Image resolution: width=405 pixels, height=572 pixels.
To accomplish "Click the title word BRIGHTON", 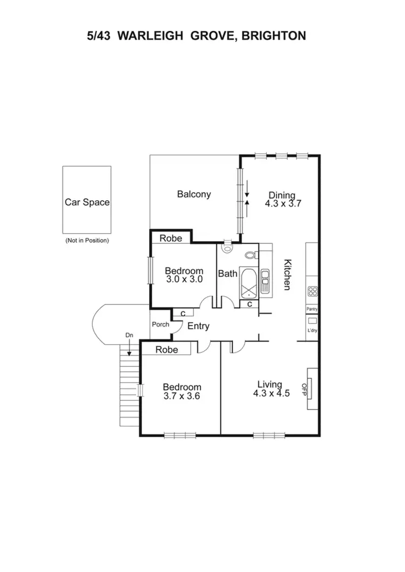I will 275,36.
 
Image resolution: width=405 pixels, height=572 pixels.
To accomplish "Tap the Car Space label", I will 87,202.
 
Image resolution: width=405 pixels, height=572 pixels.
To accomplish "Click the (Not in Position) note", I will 87,240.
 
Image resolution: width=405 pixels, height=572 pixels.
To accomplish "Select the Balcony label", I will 194,194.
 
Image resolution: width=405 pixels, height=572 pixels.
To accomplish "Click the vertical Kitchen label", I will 288,275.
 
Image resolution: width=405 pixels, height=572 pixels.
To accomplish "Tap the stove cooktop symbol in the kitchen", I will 312,291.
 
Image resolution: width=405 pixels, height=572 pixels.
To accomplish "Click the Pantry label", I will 312,309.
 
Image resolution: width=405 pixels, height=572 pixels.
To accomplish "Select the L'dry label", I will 312,330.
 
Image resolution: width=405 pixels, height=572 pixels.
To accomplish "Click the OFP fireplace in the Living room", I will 312,389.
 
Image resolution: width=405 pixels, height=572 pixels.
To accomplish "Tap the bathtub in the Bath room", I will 249,284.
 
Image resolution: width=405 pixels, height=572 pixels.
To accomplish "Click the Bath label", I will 227,274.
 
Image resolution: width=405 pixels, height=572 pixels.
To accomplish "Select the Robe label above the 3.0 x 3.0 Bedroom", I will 170,238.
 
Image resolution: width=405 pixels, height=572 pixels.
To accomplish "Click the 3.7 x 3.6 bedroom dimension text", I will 182,396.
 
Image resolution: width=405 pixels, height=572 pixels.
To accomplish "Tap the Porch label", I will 160,324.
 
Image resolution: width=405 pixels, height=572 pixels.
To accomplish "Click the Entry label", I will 198,326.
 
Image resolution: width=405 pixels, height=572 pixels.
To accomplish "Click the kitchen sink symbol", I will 265,281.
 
